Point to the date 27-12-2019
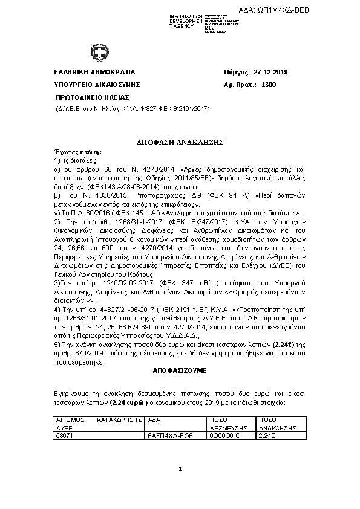(x=271, y=73)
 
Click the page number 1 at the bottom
(x=180, y=469)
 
